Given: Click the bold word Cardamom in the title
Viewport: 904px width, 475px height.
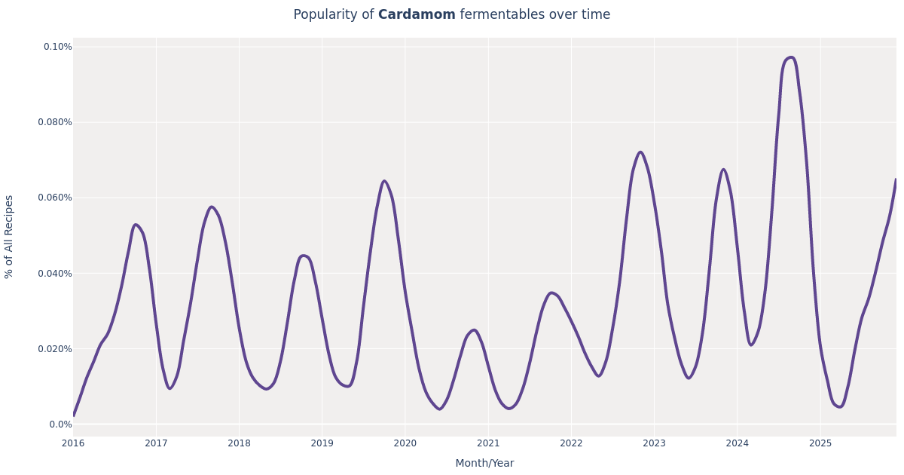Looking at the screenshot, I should (x=417, y=15).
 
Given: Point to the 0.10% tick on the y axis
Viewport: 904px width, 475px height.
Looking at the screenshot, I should (x=57, y=47).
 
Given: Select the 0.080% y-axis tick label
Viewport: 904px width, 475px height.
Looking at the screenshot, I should (x=55, y=122).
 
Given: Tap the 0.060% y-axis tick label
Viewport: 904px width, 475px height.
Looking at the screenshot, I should (x=55, y=198).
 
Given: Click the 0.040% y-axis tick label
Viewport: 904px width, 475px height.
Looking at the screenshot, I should (x=55, y=274).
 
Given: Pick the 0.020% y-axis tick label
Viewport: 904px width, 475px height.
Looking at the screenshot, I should (x=55, y=349).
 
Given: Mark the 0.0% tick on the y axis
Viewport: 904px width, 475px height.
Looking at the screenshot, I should (x=60, y=424).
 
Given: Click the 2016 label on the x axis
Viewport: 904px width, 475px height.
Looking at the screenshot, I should (x=73, y=443).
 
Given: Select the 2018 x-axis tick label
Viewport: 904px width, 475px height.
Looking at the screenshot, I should (x=239, y=443).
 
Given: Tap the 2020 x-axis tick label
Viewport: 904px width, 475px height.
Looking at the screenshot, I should (x=405, y=443).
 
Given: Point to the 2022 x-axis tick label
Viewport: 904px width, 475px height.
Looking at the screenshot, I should (x=571, y=443).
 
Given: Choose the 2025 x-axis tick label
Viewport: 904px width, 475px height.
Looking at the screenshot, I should (x=820, y=443).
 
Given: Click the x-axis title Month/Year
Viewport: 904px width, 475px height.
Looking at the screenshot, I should (x=484, y=464).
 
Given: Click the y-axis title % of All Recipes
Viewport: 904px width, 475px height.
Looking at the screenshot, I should (x=10, y=237).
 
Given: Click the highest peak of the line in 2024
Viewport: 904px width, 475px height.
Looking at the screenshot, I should (x=790, y=57).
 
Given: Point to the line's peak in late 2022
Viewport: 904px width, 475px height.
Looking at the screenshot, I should (x=640, y=152).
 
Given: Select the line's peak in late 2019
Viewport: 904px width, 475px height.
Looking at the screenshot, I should (x=384, y=181).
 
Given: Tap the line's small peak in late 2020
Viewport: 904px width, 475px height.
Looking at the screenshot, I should (x=474, y=330).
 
